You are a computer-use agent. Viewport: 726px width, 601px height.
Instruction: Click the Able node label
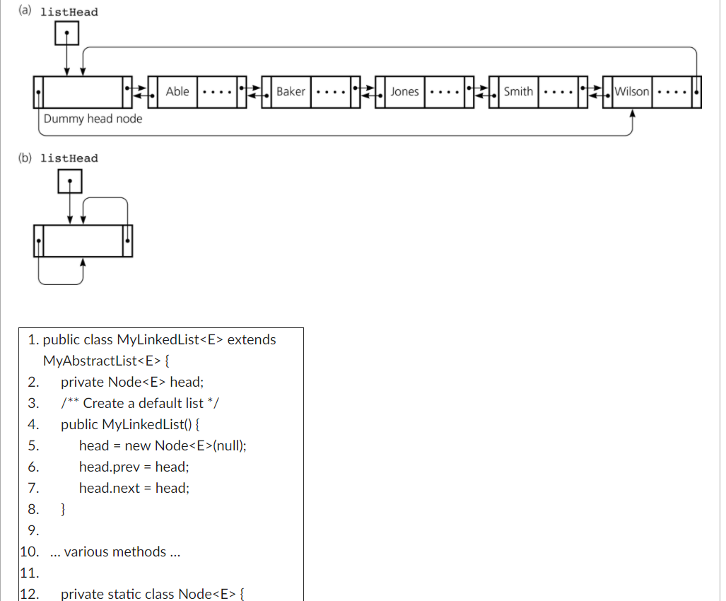pyautogui.click(x=177, y=91)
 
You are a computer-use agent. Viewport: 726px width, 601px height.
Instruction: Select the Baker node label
pyautogui.click(x=291, y=91)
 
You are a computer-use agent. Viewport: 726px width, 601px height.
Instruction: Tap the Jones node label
pyautogui.click(x=404, y=91)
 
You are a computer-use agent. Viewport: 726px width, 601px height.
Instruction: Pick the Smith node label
pyautogui.click(x=518, y=91)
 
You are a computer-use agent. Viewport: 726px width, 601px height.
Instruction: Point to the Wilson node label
pyautogui.click(x=632, y=91)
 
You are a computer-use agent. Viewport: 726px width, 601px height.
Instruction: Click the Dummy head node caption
pyautogui.click(x=93, y=119)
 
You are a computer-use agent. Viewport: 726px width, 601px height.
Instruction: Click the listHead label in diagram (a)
pyautogui.click(x=69, y=12)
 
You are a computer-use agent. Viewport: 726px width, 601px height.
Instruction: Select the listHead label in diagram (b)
pyautogui.click(x=69, y=158)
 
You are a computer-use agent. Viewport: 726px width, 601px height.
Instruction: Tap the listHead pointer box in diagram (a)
pyautogui.click(x=66, y=33)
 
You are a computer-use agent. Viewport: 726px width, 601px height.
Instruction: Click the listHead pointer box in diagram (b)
pyautogui.click(x=69, y=182)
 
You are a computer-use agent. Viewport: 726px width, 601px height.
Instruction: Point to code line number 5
pyautogui.click(x=33, y=445)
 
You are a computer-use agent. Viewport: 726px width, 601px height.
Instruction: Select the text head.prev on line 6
pyautogui.click(x=110, y=467)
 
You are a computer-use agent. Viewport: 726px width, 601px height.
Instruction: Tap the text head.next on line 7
pyautogui.click(x=110, y=488)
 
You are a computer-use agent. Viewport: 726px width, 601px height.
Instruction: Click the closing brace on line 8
pyautogui.click(x=64, y=508)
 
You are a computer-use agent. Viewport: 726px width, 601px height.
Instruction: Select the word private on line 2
pyautogui.click(x=82, y=382)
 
